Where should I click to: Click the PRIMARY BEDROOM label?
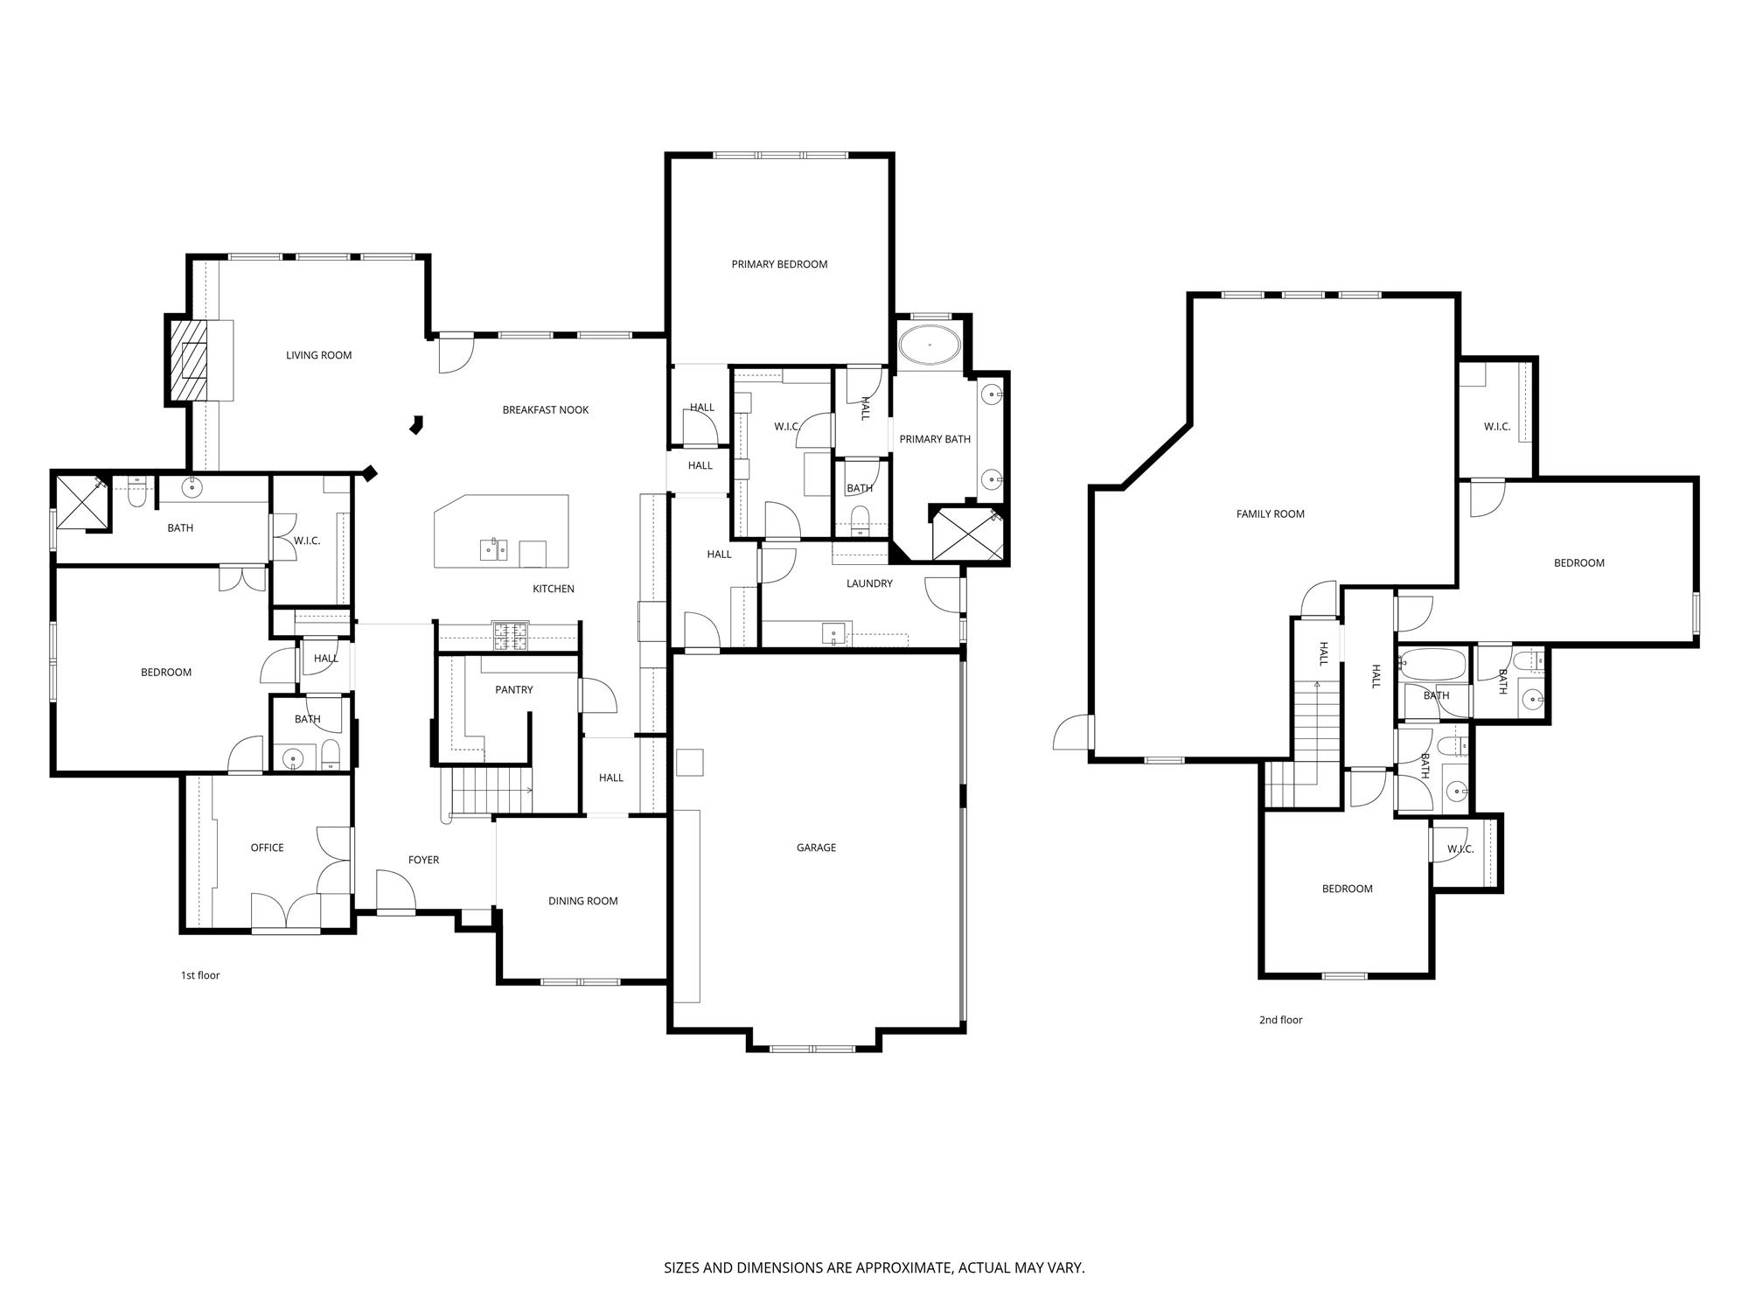click(x=779, y=264)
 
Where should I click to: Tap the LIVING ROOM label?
click(x=318, y=355)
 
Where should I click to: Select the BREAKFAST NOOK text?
click(x=546, y=409)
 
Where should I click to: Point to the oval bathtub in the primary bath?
click(x=930, y=346)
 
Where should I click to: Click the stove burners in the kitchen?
click(x=510, y=636)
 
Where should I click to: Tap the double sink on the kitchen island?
click(x=493, y=550)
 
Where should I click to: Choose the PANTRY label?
click(x=514, y=689)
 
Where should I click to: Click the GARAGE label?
click(x=816, y=847)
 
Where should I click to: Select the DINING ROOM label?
click(x=583, y=901)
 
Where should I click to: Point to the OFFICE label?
click(x=267, y=848)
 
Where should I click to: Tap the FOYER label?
click(x=423, y=860)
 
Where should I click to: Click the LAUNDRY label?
click(x=869, y=583)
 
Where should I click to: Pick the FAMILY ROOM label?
click(x=1270, y=514)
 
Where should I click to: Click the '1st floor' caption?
click(x=200, y=975)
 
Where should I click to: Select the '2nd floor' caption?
click(x=1280, y=1020)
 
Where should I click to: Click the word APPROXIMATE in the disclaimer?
click(x=901, y=1267)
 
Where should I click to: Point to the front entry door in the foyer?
click(x=395, y=891)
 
